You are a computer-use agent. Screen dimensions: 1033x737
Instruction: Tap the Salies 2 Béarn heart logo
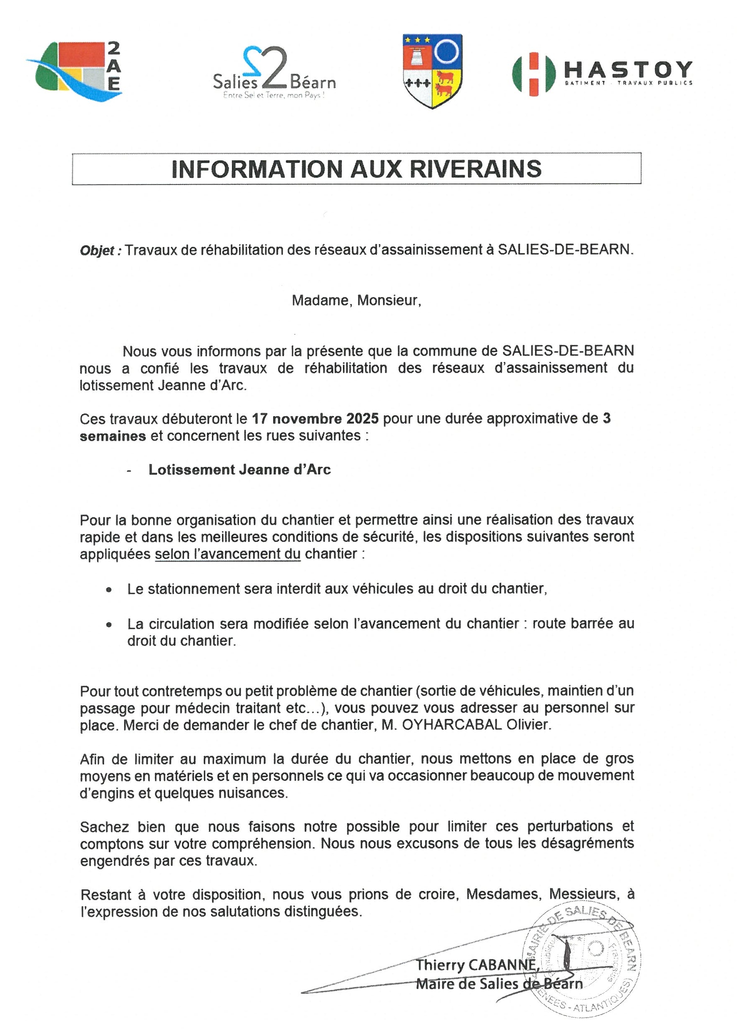274,72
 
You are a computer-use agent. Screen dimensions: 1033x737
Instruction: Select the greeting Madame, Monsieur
356,300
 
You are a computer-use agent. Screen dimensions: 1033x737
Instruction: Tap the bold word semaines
113,436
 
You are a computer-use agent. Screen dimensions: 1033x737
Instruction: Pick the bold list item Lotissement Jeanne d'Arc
239,470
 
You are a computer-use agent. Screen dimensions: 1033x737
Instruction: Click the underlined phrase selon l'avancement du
228,554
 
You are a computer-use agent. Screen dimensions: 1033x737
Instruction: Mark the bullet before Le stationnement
108,591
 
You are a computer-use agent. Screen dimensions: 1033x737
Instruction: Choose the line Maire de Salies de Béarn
499,984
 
